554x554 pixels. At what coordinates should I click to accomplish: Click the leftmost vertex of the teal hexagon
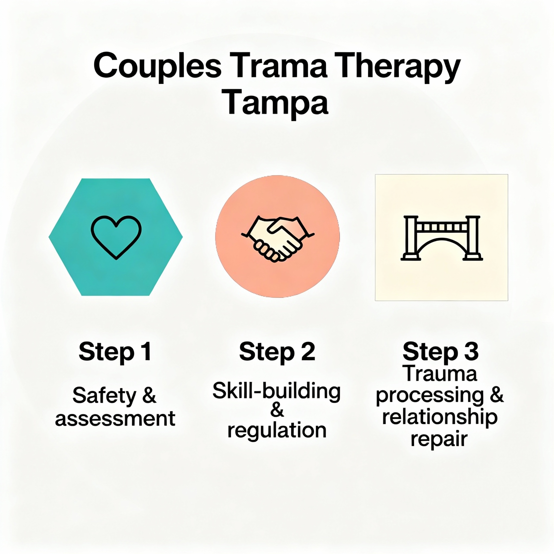click(x=49, y=237)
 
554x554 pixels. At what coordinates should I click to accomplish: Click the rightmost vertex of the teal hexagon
click(x=183, y=237)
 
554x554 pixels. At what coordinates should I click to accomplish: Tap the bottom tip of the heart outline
click(x=116, y=259)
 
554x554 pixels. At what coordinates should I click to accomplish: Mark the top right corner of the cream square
click(x=508, y=174)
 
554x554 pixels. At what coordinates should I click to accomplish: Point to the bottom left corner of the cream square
click(x=375, y=301)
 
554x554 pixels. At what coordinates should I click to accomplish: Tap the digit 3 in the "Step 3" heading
click(x=471, y=352)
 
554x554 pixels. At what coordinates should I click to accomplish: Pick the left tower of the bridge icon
click(x=411, y=238)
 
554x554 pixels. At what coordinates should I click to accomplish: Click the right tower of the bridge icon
click(x=473, y=238)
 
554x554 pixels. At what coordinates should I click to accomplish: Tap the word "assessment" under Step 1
click(x=115, y=419)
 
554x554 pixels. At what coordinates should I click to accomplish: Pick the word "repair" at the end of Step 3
click(x=439, y=439)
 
